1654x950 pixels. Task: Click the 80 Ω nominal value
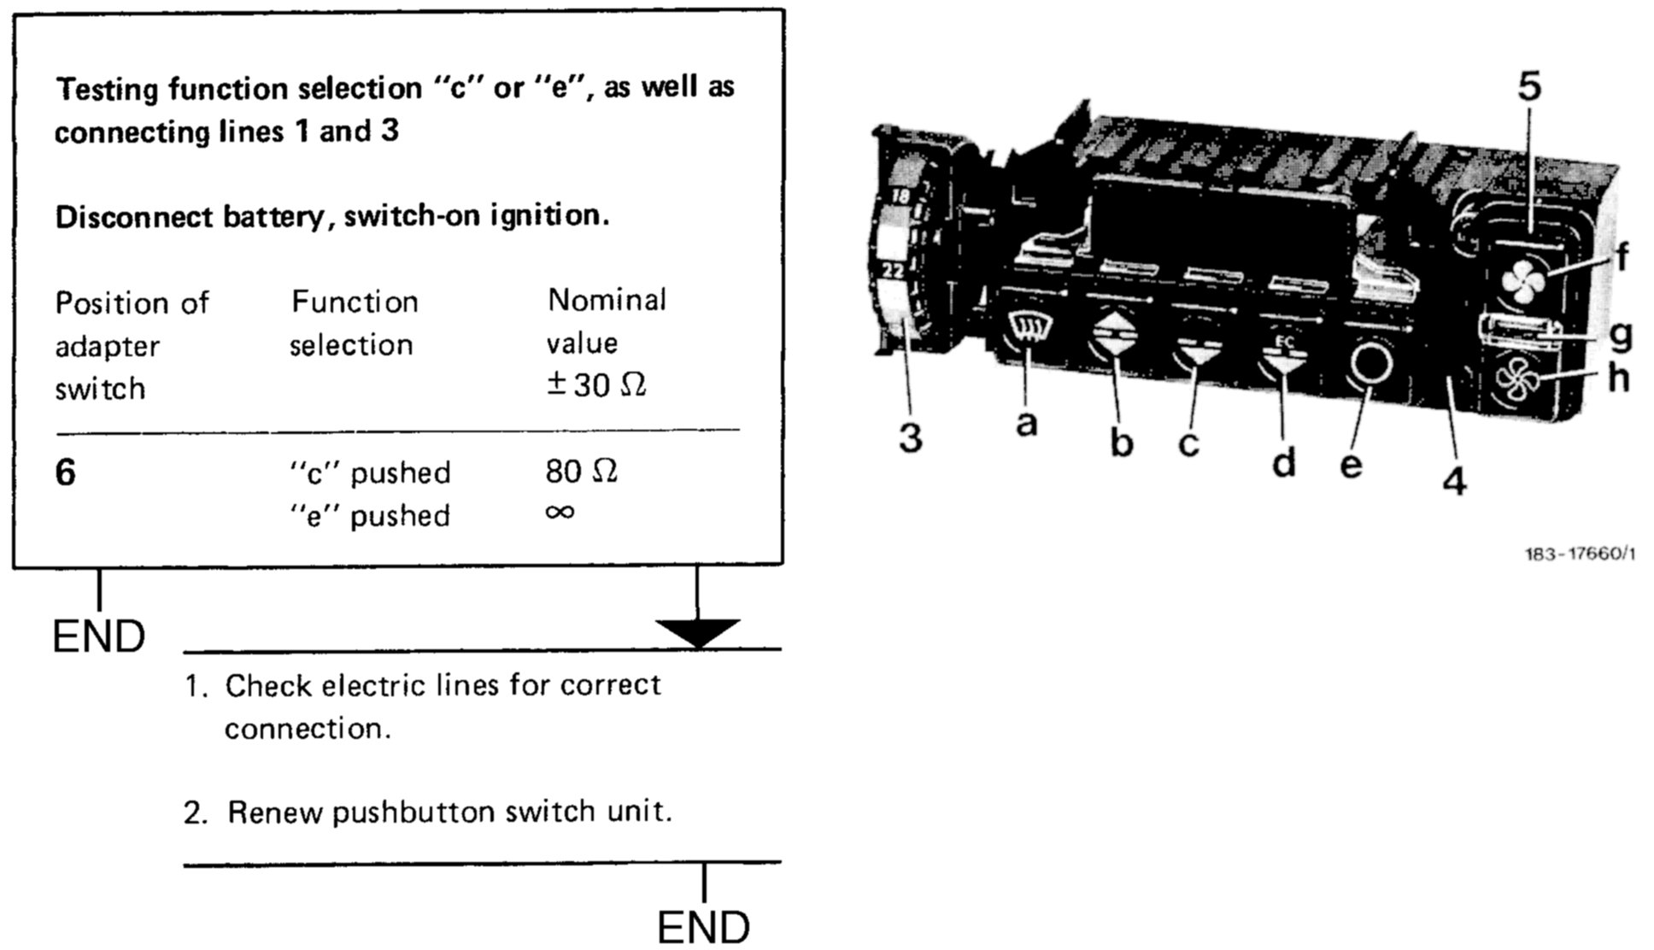point(581,471)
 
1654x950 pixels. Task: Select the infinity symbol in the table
point(560,513)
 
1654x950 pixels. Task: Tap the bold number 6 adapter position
point(65,472)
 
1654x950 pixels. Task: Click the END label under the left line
point(99,637)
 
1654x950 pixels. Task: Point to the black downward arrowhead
point(697,633)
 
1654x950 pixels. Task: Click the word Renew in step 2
point(275,812)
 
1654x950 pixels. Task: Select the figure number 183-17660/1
point(1580,554)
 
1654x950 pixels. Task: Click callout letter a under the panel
point(1027,423)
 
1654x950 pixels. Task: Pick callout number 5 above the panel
point(1529,87)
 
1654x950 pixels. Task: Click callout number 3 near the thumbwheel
point(911,438)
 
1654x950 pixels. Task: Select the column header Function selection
point(354,324)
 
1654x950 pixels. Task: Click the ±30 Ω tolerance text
point(596,385)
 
